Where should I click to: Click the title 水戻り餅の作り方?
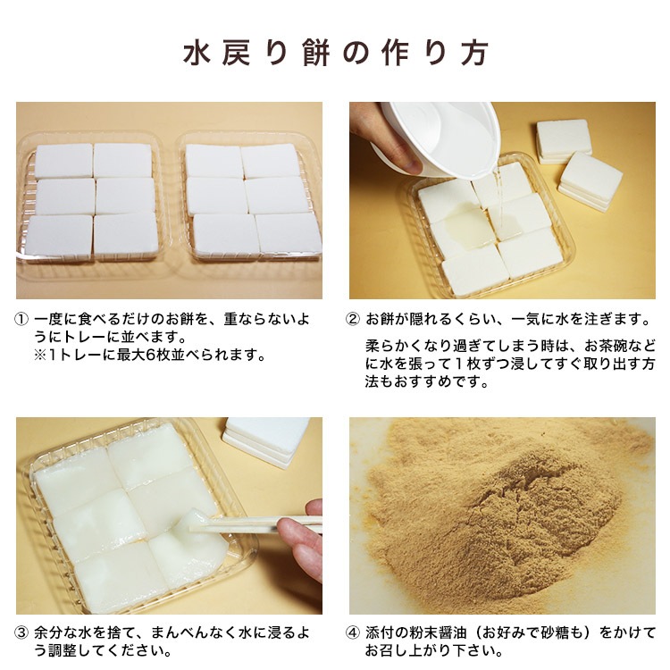[x=336, y=53]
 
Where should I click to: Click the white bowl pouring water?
[x=438, y=134]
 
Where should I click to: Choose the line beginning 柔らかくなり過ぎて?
[x=509, y=346]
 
